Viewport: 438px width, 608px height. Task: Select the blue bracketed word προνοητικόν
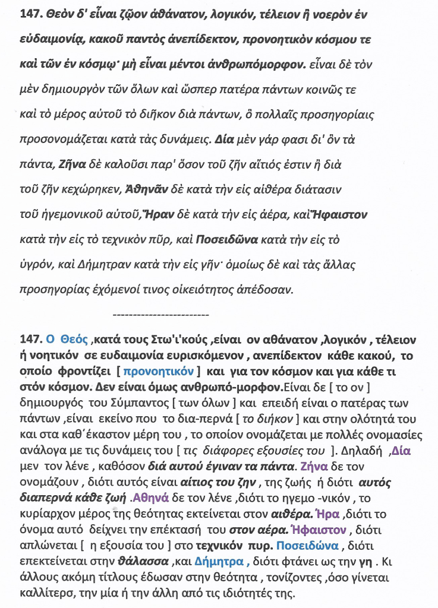point(164,372)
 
